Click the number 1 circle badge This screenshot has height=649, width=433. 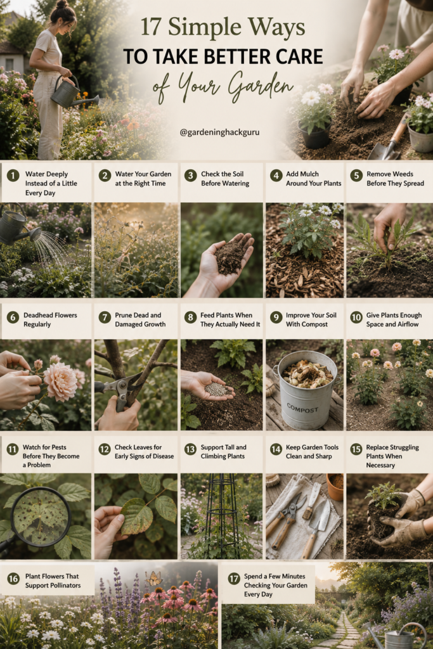point(13,176)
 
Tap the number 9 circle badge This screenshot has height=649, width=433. point(276,317)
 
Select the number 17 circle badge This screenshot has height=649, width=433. point(234,578)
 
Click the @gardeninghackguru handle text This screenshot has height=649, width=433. point(220,132)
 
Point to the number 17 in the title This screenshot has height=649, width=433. point(151,27)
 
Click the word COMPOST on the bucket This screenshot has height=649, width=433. point(302,409)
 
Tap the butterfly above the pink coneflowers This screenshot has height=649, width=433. point(154,578)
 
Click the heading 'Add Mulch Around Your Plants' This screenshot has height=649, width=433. point(313,178)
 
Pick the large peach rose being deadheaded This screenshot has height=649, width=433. point(60,382)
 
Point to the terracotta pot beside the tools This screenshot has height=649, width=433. point(335,485)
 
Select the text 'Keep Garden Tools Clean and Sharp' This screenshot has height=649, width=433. point(312,451)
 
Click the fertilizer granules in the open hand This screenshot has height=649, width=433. point(216,389)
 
